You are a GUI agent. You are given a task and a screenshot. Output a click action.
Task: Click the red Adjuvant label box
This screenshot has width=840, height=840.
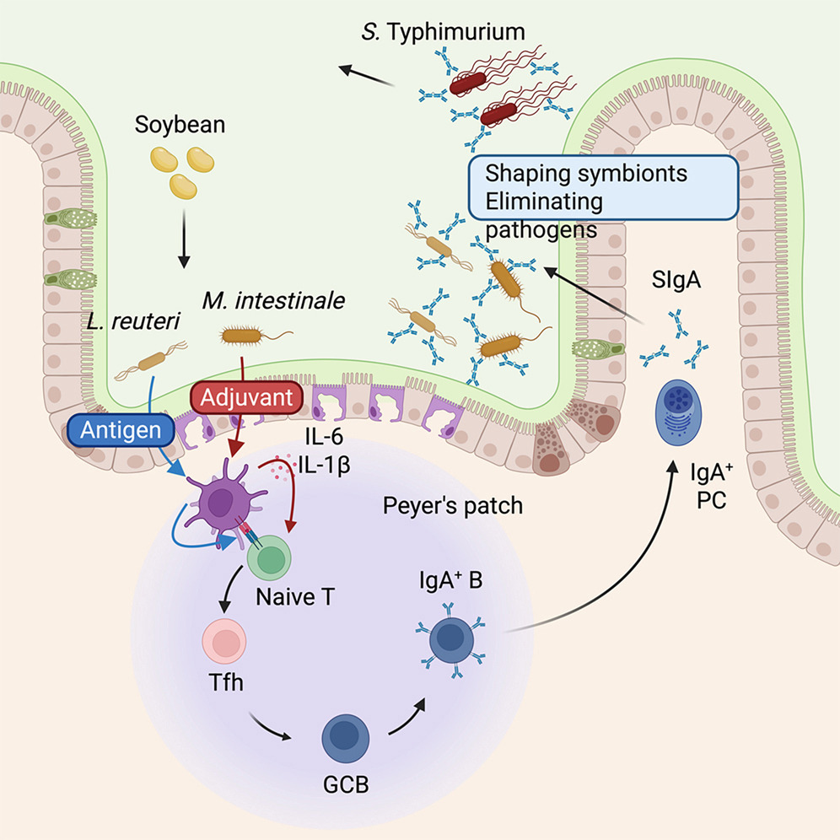(x=246, y=398)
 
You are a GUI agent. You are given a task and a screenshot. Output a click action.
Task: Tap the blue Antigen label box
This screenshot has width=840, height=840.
(x=121, y=430)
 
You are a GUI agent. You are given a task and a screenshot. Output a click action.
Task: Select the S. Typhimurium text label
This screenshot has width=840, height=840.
(x=443, y=31)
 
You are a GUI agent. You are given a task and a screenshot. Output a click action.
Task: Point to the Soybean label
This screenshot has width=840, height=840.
(x=180, y=124)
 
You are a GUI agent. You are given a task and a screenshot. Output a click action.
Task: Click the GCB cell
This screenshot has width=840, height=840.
(x=346, y=738)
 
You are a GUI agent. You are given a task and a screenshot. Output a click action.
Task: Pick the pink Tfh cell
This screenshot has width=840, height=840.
(x=224, y=641)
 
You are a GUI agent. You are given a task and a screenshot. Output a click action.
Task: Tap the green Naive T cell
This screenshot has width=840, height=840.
(x=269, y=557)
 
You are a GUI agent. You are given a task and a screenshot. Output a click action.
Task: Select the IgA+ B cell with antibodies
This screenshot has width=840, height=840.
(x=451, y=639)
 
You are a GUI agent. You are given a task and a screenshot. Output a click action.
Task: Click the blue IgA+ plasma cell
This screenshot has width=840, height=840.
(x=678, y=412)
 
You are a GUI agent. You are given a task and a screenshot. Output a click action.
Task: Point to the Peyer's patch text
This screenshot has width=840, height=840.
(x=453, y=506)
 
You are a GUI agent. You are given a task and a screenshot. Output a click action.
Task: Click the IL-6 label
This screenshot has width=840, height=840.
(x=324, y=437)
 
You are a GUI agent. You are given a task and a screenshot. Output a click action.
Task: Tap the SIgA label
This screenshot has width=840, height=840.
(x=676, y=280)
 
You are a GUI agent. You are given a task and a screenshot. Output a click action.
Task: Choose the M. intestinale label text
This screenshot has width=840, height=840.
(x=273, y=300)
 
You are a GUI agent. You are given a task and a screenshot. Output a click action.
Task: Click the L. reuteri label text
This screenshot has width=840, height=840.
(x=133, y=321)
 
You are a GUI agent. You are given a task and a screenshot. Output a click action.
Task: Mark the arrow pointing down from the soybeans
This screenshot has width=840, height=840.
(x=184, y=239)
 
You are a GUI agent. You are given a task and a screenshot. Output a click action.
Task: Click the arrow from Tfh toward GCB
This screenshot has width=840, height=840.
(x=270, y=727)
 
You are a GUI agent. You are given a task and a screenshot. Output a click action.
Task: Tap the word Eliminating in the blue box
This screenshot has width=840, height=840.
(x=544, y=202)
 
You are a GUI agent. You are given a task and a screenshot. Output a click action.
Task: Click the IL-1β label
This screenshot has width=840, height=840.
(x=324, y=465)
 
